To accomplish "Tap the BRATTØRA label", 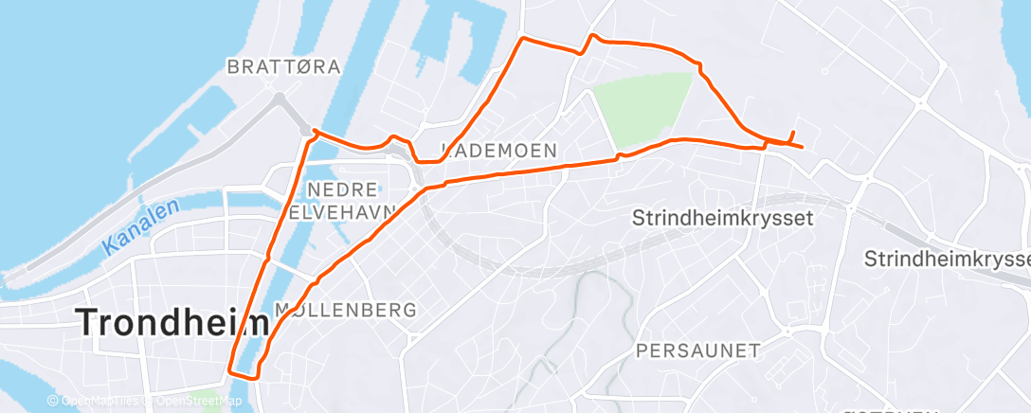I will pyautogui.click(x=284, y=66).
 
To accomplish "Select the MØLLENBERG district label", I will pyautogui.click(x=345, y=310).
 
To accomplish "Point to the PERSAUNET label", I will pyautogui.click(x=697, y=350).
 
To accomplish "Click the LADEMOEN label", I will pyautogui.click(x=499, y=151).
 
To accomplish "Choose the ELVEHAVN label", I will pyautogui.click(x=343, y=214).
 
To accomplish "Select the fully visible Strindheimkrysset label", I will pyautogui.click(x=723, y=218).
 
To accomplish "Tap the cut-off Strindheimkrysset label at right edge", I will pyautogui.click(x=948, y=259).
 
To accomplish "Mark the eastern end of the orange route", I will pyautogui.click(x=803, y=147).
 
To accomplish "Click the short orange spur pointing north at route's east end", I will pyautogui.click(x=791, y=135).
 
